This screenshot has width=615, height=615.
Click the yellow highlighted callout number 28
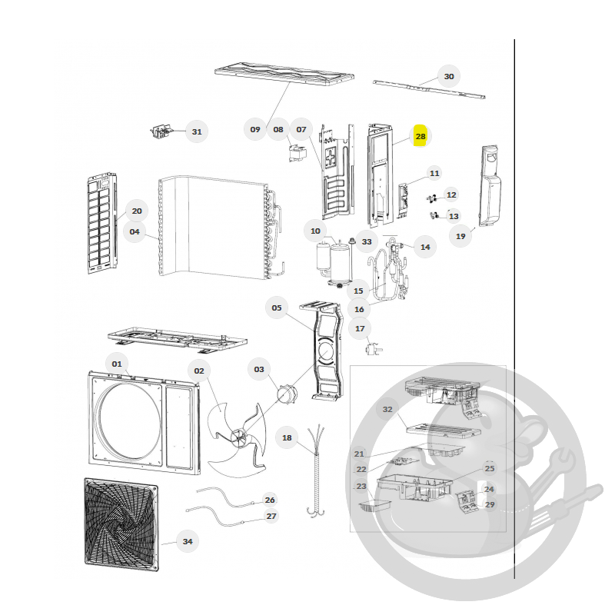click(420, 136)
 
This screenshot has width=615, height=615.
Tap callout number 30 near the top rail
click(449, 76)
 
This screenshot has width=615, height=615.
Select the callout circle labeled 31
click(197, 131)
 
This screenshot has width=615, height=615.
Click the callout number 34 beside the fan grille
click(188, 541)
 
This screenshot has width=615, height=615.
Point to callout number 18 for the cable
click(287, 437)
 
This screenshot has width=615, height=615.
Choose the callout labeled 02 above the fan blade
click(199, 371)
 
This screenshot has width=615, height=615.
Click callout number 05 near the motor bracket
click(277, 308)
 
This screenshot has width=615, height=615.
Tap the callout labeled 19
click(460, 237)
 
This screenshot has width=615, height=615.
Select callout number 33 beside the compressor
click(367, 241)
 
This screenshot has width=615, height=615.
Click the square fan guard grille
click(121, 524)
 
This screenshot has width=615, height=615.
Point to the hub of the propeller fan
click(238, 437)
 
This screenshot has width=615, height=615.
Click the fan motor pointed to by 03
click(287, 394)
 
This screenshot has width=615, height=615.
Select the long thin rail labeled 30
click(429, 89)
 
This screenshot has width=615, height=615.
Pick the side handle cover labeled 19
click(490, 186)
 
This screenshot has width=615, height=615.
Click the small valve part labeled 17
click(373, 349)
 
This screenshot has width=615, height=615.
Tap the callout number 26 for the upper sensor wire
click(270, 500)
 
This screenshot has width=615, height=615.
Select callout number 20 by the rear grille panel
click(137, 211)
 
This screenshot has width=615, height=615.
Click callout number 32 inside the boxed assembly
click(387, 410)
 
